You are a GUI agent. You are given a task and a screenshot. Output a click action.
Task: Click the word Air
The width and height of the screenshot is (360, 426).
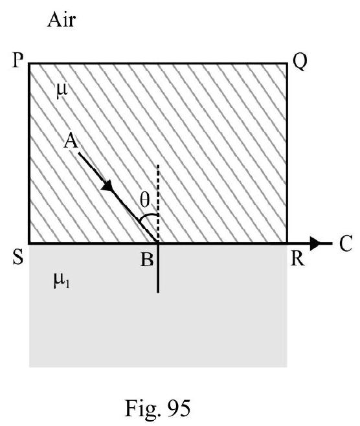[x=61, y=20]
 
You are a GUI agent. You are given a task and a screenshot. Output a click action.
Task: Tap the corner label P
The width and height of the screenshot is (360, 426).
[x=17, y=60]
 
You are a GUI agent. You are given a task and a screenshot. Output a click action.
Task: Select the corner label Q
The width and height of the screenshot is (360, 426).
[x=300, y=62]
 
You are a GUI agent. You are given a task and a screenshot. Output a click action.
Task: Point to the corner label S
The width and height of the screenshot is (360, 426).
[x=18, y=257]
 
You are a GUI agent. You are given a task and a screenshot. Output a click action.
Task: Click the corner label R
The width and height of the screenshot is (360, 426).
[x=297, y=258]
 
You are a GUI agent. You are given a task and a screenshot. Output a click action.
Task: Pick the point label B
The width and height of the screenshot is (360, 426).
[x=147, y=260]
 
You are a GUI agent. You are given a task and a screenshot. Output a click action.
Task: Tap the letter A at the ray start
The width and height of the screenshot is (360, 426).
[x=71, y=142]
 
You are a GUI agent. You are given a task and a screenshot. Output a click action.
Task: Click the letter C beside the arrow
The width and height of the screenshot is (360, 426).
[x=346, y=243]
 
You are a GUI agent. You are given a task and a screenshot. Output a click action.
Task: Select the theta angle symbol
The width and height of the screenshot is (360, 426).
[x=144, y=200]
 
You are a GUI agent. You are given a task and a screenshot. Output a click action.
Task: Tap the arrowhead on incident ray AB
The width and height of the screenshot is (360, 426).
[x=107, y=186]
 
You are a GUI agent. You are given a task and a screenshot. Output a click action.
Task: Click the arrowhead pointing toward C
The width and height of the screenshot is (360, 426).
[x=315, y=243]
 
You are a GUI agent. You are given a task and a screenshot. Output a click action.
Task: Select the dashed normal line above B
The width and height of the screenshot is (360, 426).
[x=158, y=203]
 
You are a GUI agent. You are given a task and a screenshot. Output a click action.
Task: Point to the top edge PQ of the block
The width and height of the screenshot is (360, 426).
[x=158, y=63]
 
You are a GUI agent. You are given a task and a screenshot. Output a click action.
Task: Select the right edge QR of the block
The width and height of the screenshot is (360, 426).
[x=287, y=153]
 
